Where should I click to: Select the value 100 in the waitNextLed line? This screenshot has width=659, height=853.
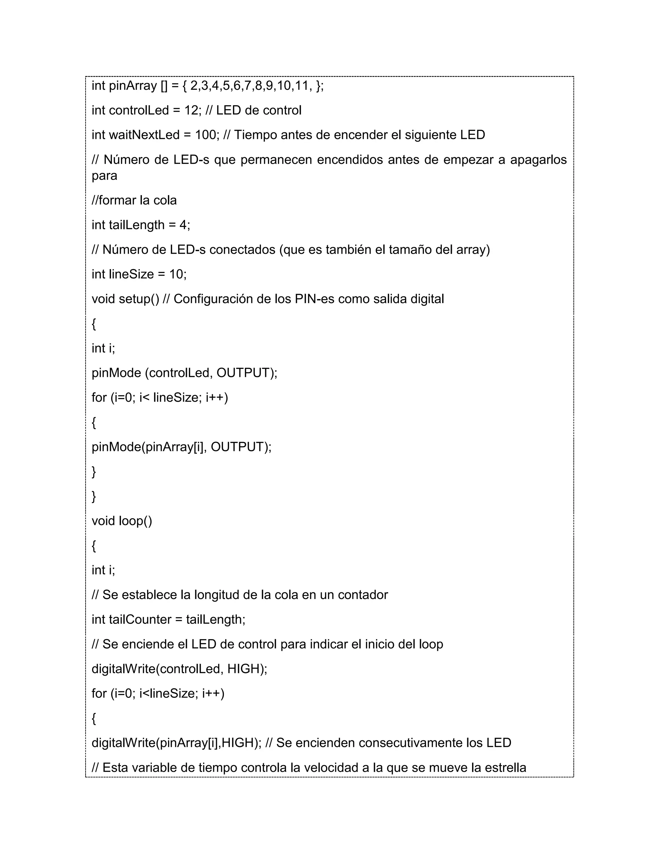(205, 135)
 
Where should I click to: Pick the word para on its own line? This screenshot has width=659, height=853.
(104, 176)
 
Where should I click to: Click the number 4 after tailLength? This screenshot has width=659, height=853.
(183, 225)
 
